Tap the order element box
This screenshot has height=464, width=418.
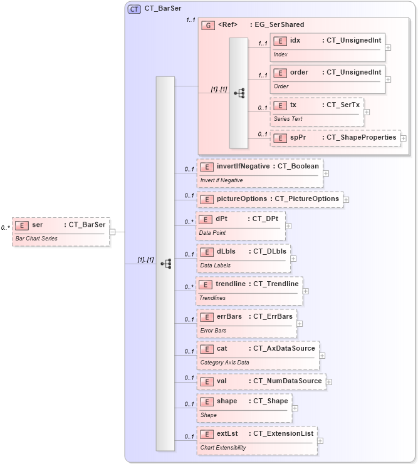(327, 78)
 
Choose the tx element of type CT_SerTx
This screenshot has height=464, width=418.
(316, 111)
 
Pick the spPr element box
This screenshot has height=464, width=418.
(335, 138)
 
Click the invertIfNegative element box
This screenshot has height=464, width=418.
(259, 172)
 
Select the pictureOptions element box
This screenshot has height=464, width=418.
(269, 199)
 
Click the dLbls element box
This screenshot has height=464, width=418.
(243, 257)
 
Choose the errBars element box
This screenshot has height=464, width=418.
(246, 322)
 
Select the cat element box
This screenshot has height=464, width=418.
(257, 354)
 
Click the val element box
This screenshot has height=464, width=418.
(261, 381)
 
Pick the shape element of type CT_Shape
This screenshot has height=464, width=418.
(243, 407)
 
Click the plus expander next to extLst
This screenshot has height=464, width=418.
(320, 441)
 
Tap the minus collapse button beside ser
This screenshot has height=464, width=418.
(112, 231)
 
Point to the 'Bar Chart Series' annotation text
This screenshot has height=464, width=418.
(36, 239)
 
